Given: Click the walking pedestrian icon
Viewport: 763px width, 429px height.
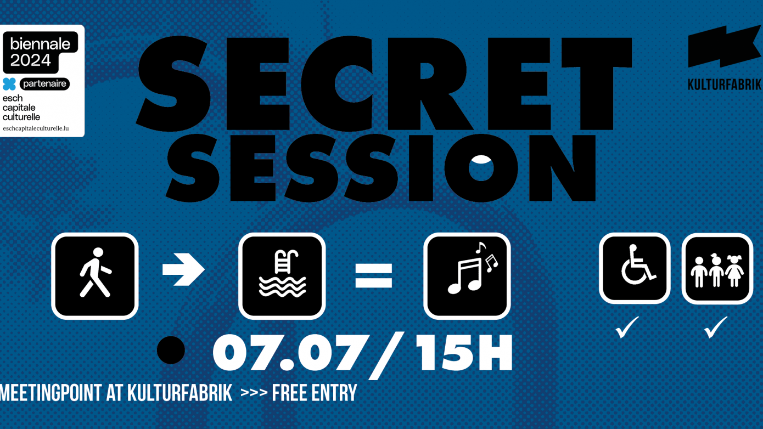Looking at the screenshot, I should [95, 276].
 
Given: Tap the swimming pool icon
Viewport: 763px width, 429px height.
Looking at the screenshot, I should [282, 276].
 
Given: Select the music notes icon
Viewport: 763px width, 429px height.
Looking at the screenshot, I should [467, 276].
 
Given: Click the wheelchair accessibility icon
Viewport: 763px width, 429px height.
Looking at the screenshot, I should [635, 268].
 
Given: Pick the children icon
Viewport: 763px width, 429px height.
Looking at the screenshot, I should [717, 268].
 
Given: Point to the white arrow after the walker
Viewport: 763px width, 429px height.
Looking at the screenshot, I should [183, 269].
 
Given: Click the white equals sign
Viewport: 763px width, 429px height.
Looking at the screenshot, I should [374, 275].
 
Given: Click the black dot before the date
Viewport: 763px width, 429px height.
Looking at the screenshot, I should [171, 349].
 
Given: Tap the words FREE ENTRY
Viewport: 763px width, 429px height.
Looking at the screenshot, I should [315, 393].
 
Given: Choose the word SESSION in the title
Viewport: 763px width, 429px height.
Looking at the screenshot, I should [384, 166].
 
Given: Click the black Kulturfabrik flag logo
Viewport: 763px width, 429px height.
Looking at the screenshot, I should [724, 47].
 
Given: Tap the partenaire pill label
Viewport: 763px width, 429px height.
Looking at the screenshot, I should [44, 84].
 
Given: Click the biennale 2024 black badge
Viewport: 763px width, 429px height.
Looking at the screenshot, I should [41, 52].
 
